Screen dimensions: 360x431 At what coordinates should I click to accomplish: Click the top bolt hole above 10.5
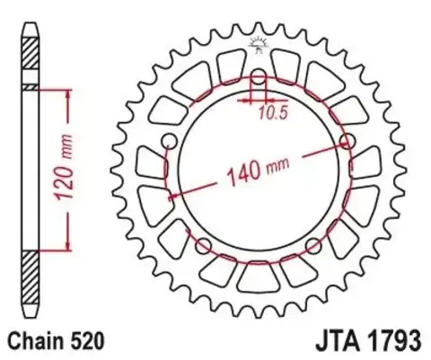coord(259,78)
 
